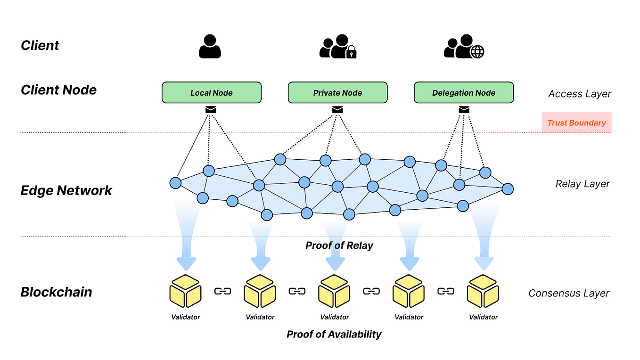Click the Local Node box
(x=211, y=93)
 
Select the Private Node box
(x=337, y=93)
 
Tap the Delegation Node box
(x=464, y=93)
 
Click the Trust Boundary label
(x=576, y=123)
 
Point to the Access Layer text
(x=580, y=94)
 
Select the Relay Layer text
(x=583, y=184)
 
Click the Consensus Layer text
(x=569, y=293)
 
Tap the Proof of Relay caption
(x=339, y=245)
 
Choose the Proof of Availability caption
(x=334, y=334)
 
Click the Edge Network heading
(x=66, y=190)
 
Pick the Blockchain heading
(x=57, y=292)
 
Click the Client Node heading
(x=59, y=90)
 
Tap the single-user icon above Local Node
(x=210, y=46)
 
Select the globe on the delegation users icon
(x=477, y=52)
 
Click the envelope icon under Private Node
(x=337, y=110)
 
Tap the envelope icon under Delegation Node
(x=464, y=110)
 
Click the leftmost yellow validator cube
(x=186, y=291)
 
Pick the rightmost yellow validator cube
(x=483, y=291)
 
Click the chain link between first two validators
(x=223, y=291)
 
